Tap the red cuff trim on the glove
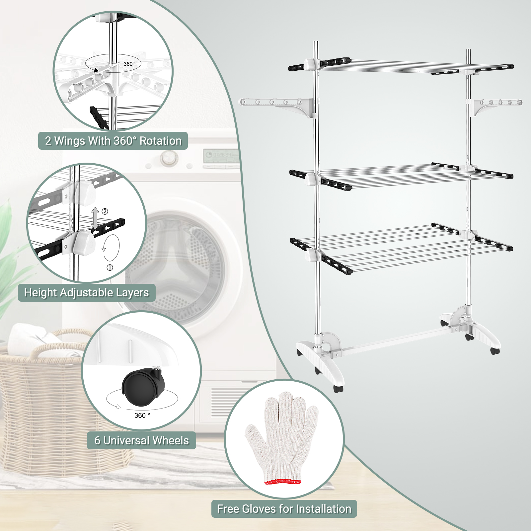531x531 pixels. (283, 481)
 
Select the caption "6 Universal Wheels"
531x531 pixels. (141, 440)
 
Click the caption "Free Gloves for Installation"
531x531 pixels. (284, 509)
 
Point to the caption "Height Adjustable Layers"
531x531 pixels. (87, 292)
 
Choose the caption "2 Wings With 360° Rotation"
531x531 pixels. (113, 141)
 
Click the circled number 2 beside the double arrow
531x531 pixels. (105, 211)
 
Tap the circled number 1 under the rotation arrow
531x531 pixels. (110, 267)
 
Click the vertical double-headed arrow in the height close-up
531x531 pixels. (95, 218)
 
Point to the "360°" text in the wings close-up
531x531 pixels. (129, 64)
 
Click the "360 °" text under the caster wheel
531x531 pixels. (142, 416)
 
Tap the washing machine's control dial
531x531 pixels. (169, 158)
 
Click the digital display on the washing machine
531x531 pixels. (221, 155)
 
